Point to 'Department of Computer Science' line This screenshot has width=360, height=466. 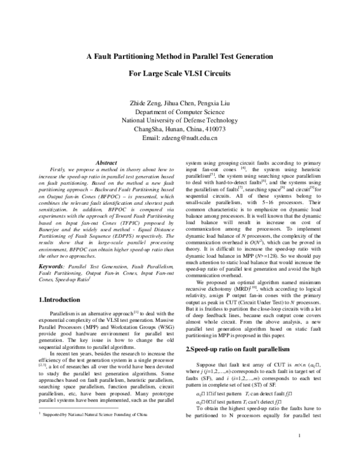tap(180, 111)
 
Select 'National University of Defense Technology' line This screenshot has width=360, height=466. tap(180, 120)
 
